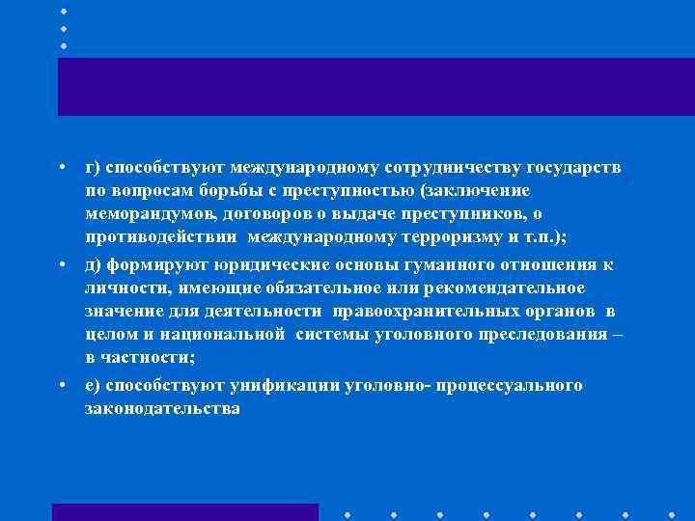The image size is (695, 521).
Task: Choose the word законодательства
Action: tap(161, 409)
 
